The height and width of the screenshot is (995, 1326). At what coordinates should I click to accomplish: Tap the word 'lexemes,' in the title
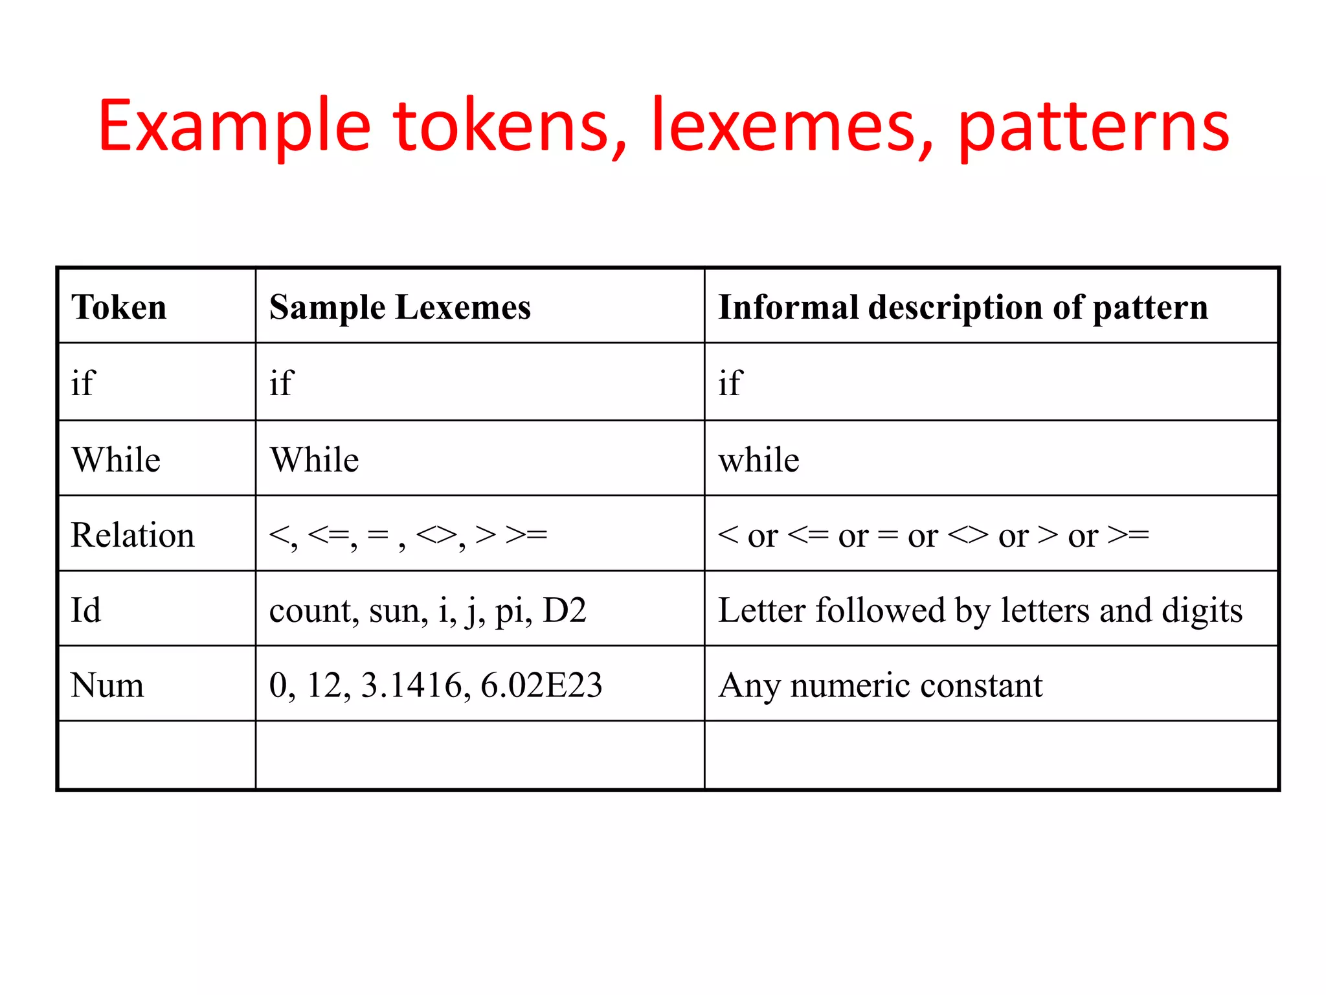[792, 126]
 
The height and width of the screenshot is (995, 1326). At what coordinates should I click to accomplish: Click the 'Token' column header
[119, 307]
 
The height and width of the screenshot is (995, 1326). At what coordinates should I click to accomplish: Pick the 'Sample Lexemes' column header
[399, 307]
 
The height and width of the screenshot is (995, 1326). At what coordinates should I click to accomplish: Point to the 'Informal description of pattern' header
[963, 307]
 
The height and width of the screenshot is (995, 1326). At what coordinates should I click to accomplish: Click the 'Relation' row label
[133, 535]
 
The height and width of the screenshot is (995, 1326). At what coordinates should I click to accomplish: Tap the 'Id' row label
[86, 610]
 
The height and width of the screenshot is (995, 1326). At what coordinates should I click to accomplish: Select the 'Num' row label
[107, 685]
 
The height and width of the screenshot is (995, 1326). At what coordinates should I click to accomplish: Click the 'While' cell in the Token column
[117, 460]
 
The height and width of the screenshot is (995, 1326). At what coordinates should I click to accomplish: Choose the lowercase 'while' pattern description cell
[759, 460]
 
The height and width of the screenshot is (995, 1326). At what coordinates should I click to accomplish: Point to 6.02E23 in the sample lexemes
[541, 685]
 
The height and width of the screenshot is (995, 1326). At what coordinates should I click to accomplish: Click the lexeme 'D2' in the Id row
[565, 610]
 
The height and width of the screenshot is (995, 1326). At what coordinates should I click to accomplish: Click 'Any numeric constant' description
[881, 685]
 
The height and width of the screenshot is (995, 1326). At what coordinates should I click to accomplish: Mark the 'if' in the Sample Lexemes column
[282, 383]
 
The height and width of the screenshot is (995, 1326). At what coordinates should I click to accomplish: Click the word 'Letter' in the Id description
[761, 610]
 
